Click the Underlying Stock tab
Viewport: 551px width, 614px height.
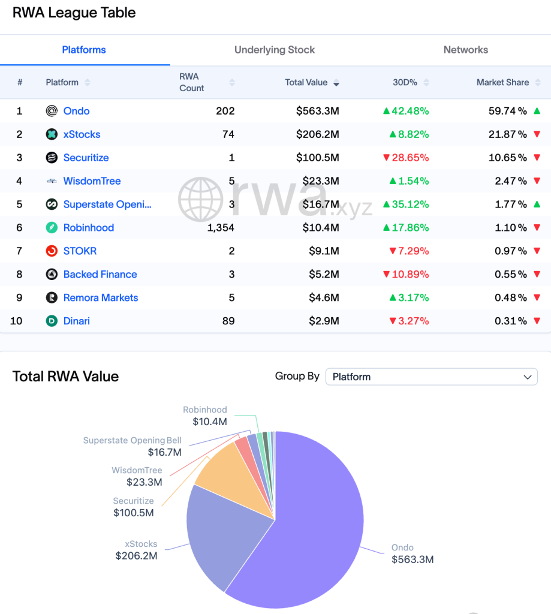click(x=275, y=50)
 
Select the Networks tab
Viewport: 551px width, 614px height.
click(x=465, y=50)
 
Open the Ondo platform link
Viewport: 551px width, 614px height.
click(x=76, y=111)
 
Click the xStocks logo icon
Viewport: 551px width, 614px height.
click(x=52, y=134)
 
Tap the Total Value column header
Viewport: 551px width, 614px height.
click(x=306, y=82)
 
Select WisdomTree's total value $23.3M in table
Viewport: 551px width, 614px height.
click(x=317, y=181)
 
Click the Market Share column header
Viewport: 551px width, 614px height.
click(x=502, y=82)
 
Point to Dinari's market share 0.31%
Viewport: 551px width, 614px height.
click(x=510, y=321)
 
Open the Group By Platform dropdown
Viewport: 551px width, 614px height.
click(x=431, y=377)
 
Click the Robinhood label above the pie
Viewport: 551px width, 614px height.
click(x=205, y=410)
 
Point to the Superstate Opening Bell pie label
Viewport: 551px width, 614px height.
click(x=132, y=441)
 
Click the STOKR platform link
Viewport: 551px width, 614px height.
click(x=80, y=251)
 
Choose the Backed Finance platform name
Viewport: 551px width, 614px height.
click(x=100, y=275)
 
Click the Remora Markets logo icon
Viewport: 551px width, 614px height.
click(x=52, y=298)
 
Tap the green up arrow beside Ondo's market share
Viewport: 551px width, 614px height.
click(x=537, y=111)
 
